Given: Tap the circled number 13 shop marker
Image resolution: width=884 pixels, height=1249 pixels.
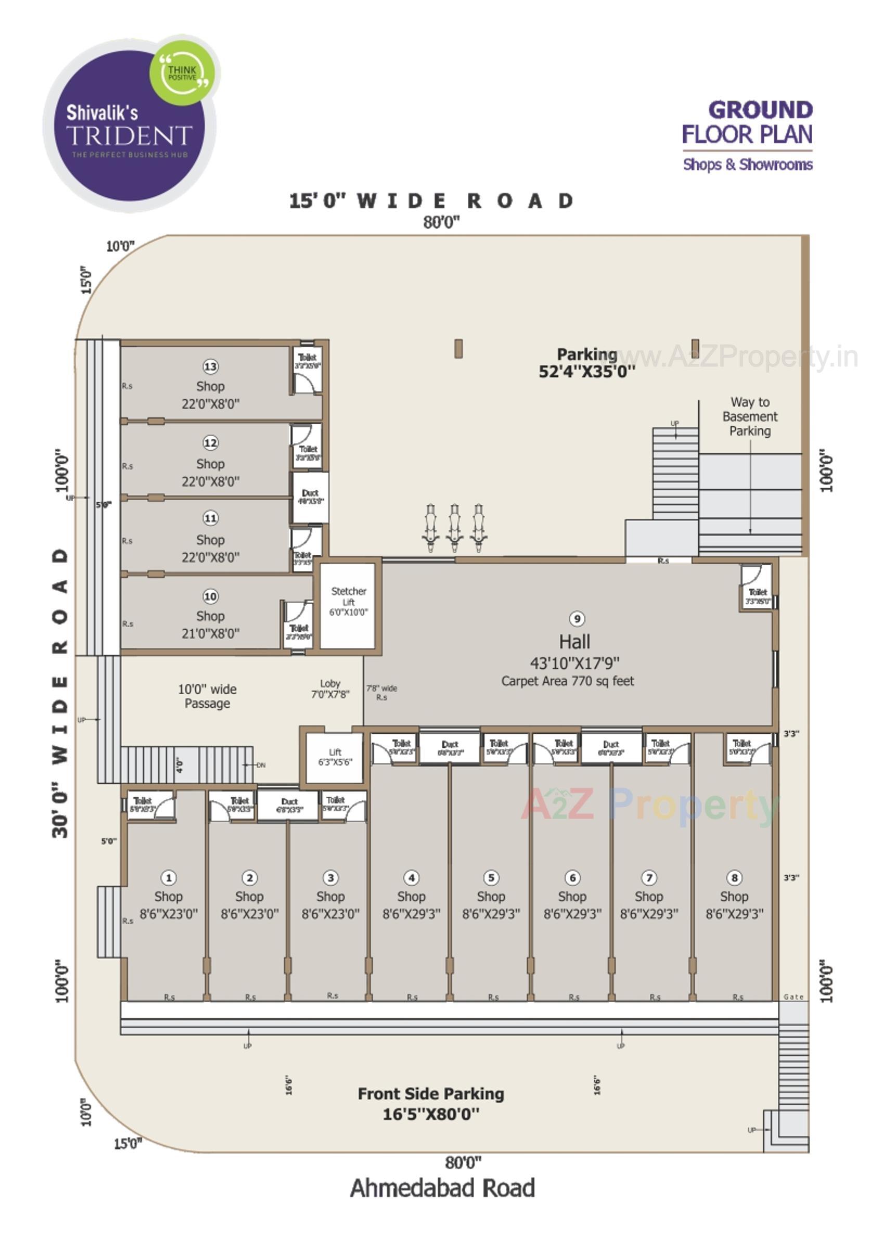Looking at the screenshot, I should coord(210,366).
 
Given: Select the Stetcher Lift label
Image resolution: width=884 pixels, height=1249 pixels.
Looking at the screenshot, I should coord(349,601).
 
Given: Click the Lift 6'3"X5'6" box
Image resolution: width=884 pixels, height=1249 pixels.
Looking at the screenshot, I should coord(335,757).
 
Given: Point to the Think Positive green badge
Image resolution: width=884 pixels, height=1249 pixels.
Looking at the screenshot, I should coord(182,72).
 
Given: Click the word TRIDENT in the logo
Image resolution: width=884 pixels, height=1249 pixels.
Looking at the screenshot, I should coord(129,135).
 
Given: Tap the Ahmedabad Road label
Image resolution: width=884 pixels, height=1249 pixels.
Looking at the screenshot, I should coord(442,1188).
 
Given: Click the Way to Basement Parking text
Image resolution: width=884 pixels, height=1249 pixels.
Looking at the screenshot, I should coord(750,416).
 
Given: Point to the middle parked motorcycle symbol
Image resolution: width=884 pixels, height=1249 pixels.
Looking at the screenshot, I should coord(454,528).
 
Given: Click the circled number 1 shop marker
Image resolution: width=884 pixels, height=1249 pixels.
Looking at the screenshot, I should coord(169,877).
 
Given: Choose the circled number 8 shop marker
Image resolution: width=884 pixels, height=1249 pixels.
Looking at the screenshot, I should coord(734,877).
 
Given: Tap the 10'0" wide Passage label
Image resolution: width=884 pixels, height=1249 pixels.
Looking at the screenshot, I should coord(207,696).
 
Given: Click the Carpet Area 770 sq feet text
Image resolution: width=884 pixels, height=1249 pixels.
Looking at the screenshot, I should coord(567,681).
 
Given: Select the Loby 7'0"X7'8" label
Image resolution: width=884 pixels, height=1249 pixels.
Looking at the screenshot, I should coord(330,689).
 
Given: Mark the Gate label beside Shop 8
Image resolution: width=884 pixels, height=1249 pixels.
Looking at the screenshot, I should coord(793,997).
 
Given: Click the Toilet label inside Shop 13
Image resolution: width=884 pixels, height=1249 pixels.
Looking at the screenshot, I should coord(308,358).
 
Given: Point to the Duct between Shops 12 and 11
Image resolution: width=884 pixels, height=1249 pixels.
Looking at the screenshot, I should coord(310,496).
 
